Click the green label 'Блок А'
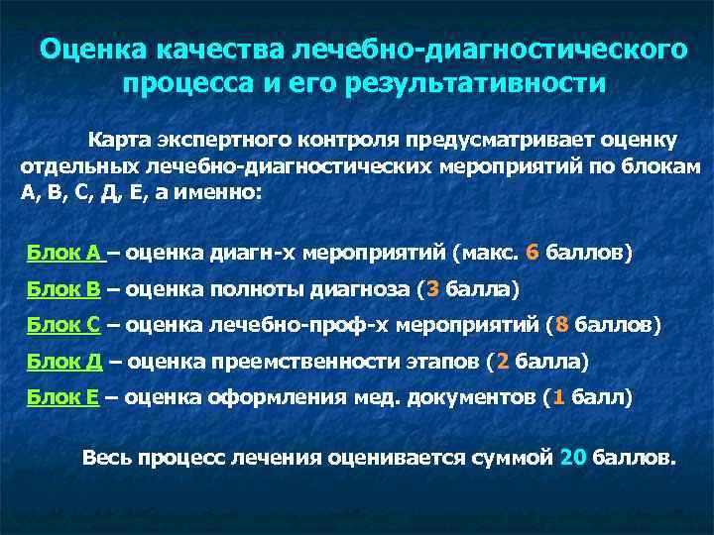coord(64,253)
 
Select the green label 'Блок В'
coord(64,289)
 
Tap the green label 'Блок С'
coord(64,325)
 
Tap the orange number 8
coord(562,325)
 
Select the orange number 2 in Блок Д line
coord(503,362)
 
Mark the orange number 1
coord(559,397)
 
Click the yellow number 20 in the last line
coord(573,459)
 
